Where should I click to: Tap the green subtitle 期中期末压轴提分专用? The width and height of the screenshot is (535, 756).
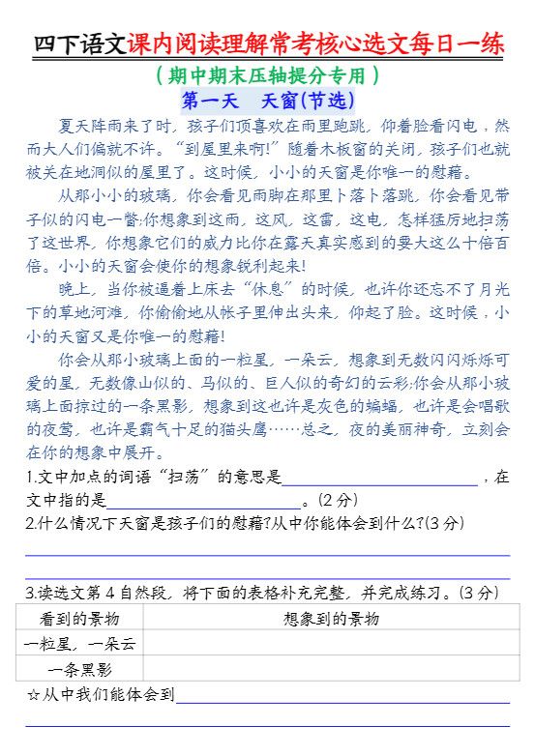coord(266,74)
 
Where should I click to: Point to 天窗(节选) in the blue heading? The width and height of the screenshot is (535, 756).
coord(309,100)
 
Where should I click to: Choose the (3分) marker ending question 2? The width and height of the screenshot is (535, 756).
coord(444,524)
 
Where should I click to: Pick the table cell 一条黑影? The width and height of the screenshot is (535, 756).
coord(80,669)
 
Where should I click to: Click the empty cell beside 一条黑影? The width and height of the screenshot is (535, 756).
coord(327,669)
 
